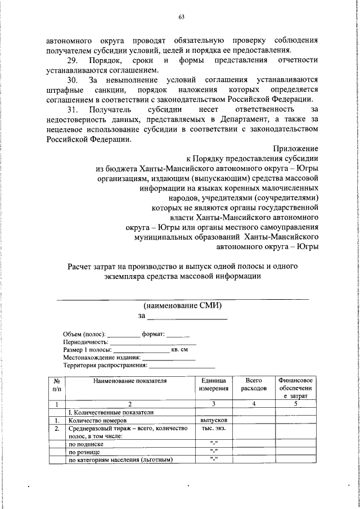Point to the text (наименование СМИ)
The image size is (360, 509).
[x=183, y=306]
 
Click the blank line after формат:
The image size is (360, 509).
[x=178, y=334]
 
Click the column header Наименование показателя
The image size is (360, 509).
[x=130, y=381]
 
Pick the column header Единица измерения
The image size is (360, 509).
[x=214, y=385]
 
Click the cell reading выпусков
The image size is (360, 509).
[x=214, y=420]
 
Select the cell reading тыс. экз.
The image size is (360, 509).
[x=214, y=428]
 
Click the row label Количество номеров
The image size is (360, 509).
[x=97, y=420]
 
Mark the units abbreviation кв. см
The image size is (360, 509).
[x=179, y=349]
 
